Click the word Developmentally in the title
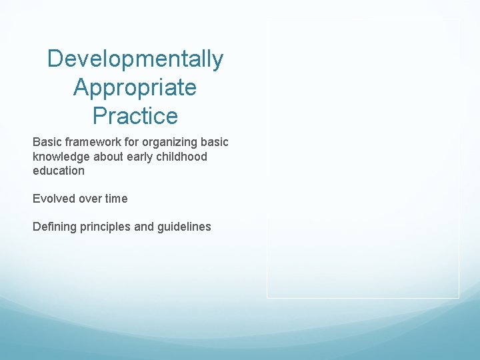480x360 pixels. [x=135, y=59]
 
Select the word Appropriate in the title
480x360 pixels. [x=135, y=87]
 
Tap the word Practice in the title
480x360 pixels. [x=135, y=116]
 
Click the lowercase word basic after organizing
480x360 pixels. [x=214, y=143]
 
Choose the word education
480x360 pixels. [x=59, y=171]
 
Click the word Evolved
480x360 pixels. [x=54, y=199]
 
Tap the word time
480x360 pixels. [x=116, y=199]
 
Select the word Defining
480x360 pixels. [x=55, y=227]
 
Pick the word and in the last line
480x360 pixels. [x=144, y=227]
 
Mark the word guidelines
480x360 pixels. [x=184, y=227]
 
